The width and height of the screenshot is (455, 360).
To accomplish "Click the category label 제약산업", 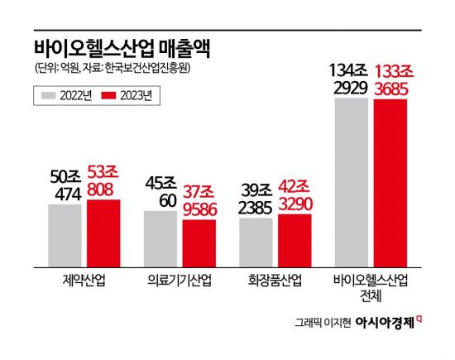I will click(84, 280).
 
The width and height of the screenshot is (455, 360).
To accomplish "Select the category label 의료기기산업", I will click(180, 280).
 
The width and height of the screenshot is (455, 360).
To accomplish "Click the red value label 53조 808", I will click(103, 180).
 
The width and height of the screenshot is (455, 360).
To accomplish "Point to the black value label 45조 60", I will click(160, 191).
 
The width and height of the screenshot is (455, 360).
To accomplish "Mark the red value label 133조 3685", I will click(390, 79).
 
